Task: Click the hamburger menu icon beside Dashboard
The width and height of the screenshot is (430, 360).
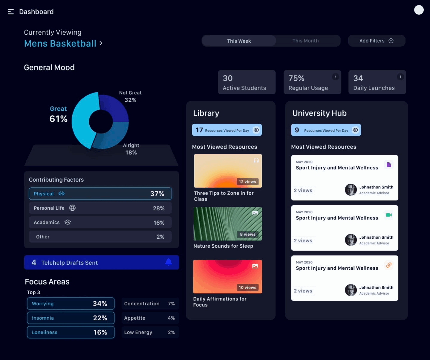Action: (x=11, y=12)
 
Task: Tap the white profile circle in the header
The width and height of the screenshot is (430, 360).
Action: (x=419, y=10)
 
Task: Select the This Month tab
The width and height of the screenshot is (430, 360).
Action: (x=305, y=41)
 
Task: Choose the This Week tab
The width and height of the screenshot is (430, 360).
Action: (x=239, y=41)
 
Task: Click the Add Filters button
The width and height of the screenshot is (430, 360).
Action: (x=376, y=41)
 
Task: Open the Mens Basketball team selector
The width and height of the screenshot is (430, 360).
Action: (x=63, y=43)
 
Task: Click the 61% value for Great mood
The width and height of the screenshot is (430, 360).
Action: (x=58, y=119)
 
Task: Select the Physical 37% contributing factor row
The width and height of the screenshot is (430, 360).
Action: (x=100, y=194)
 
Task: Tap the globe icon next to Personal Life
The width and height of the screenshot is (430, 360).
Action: (x=72, y=208)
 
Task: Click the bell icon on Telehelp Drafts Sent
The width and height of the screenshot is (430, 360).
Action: (x=169, y=262)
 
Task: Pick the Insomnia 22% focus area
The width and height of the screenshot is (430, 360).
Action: (x=71, y=318)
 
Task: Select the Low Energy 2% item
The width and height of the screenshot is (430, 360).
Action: (x=150, y=332)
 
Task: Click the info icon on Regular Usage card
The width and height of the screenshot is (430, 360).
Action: (x=335, y=77)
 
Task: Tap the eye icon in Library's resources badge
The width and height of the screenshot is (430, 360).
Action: (x=256, y=130)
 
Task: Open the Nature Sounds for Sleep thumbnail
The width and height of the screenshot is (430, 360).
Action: (x=228, y=224)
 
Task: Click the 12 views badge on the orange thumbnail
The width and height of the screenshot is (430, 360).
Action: (x=247, y=182)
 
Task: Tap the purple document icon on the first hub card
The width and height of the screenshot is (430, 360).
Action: (x=389, y=165)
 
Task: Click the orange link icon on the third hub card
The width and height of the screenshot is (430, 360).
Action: (x=389, y=265)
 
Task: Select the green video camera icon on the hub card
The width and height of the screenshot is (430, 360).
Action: (x=389, y=215)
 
